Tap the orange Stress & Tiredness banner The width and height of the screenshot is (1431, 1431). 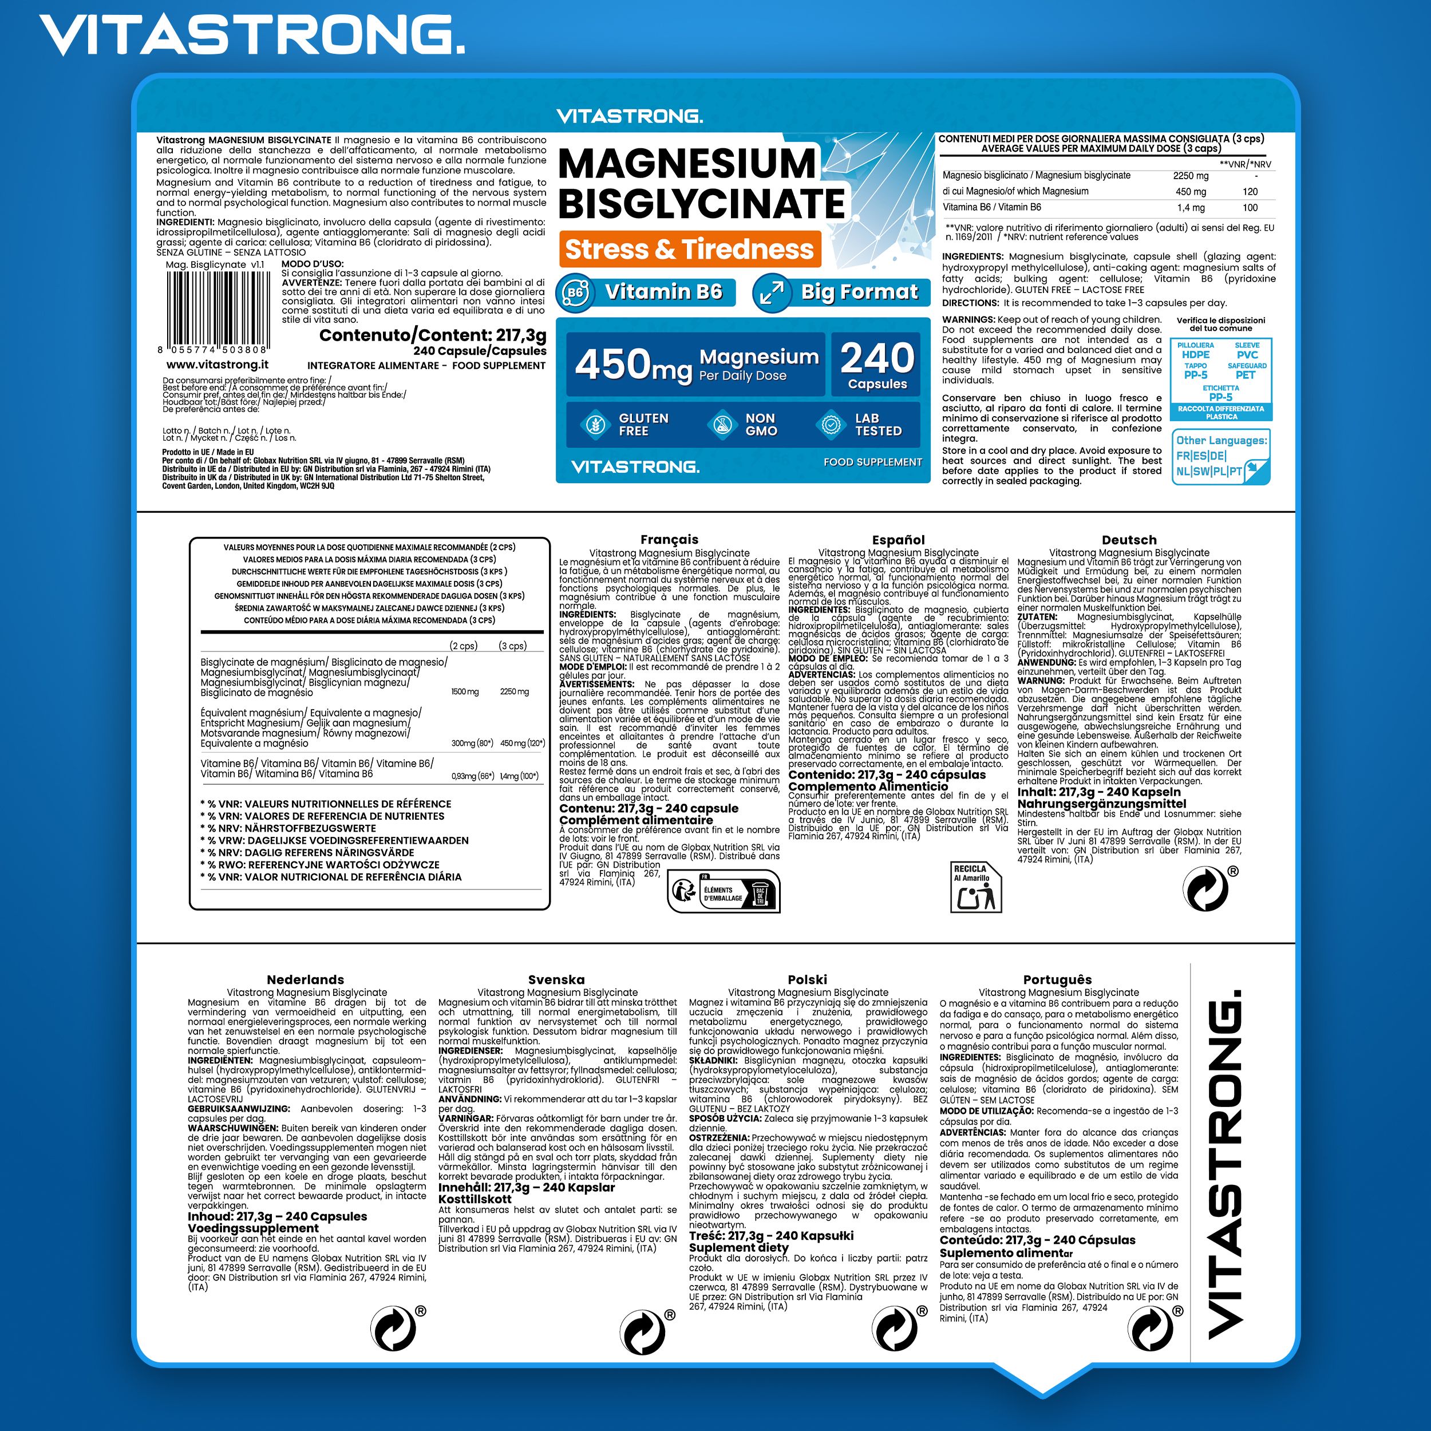(x=689, y=249)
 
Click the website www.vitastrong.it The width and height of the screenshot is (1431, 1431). (x=217, y=365)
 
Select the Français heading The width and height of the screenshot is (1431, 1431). (x=669, y=539)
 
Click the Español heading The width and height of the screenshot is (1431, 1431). (x=898, y=539)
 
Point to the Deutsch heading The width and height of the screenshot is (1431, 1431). (x=1129, y=539)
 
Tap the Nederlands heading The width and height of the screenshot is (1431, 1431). (x=305, y=979)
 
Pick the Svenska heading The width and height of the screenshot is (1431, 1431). (x=556, y=979)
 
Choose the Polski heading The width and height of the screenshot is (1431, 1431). (x=807, y=979)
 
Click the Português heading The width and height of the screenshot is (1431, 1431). (x=1058, y=979)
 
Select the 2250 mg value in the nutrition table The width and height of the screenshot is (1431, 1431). (x=1190, y=176)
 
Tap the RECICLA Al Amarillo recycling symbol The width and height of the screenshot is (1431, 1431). (x=975, y=886)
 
